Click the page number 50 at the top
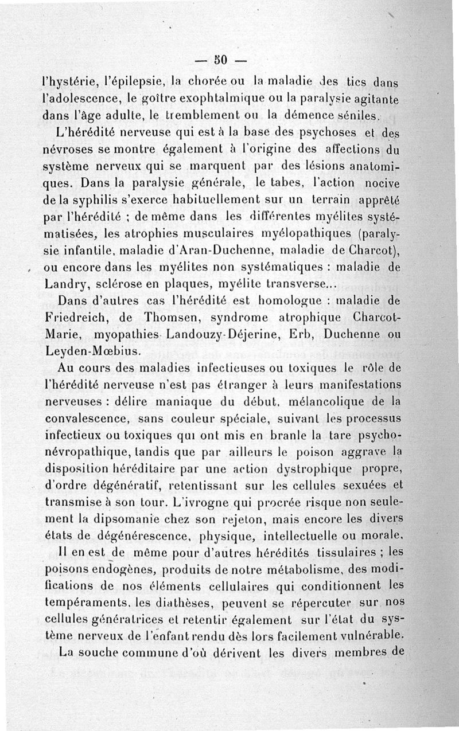click(220, 59)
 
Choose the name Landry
click(65, 283)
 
